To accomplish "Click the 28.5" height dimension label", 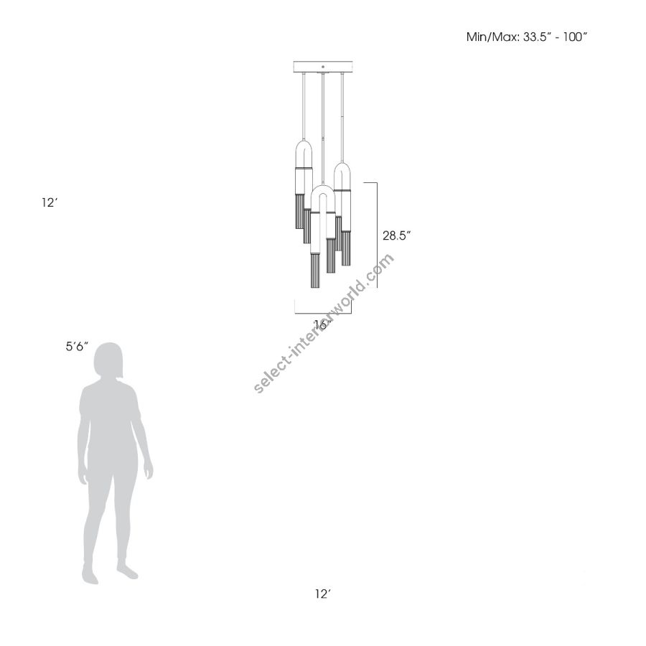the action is click(397, 235).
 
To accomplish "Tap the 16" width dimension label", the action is click(323, 324).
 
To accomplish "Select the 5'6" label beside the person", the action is click(77, 346).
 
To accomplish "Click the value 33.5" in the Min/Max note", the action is click(537, 37).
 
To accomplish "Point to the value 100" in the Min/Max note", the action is click(573, 37).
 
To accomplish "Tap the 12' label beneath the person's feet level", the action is click(324, 594).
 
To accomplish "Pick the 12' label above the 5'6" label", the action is click(49, 202).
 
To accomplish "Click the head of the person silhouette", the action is click(108, 360).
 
